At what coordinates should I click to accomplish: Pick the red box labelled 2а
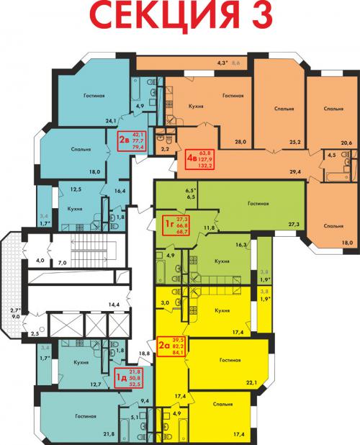coord(176,346)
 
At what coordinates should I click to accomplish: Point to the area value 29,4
coord(293,173)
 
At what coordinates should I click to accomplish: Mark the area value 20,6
coord(346,143)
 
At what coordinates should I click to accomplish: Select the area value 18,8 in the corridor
coord(144,353)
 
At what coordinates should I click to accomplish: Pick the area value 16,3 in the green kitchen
coord(241,245)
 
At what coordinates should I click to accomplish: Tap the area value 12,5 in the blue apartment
coord(76,189)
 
